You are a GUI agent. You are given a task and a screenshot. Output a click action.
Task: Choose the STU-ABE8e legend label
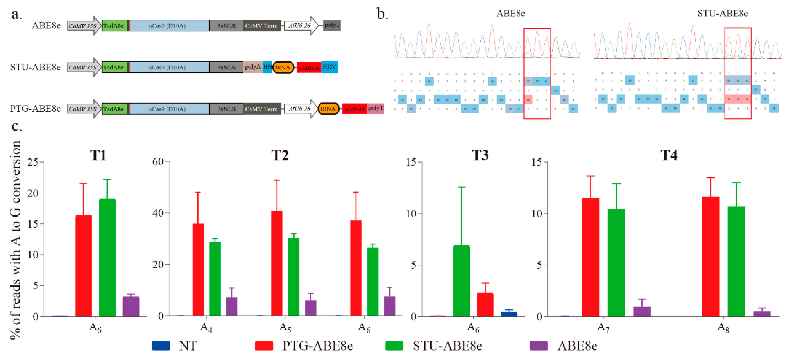coord(447,346)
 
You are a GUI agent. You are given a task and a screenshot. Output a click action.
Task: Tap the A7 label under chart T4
coord(603,328)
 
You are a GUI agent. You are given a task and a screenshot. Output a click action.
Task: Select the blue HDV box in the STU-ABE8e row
coord(329,67)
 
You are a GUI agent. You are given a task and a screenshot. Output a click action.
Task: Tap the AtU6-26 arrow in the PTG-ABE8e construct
coord(300,109)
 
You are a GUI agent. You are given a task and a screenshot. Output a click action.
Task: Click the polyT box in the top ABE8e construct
coord(332,25)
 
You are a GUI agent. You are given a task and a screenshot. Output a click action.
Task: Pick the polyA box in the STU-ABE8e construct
coord(252,67)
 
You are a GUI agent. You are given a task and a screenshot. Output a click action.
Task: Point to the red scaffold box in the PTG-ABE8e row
coord(354,109)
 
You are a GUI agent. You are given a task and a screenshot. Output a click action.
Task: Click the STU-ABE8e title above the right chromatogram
coord(722,13)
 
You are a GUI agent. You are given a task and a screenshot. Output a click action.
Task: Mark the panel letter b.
coord(382,14)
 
